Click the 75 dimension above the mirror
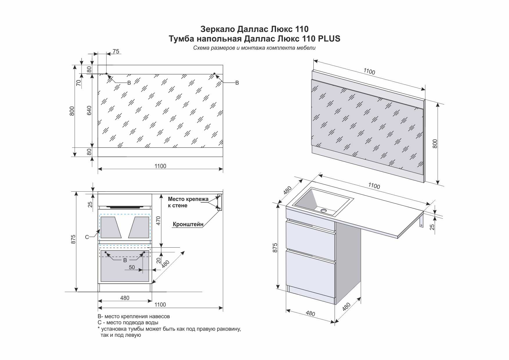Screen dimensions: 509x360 pyautogui.click(x=116, y=51)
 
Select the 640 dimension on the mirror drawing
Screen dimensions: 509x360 pyautogui.click(x=89, y=110)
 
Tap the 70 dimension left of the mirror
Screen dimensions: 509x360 pyautogui.click(x=79, y=83)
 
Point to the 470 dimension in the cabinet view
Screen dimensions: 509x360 pyautogui.click(x=158, y=221)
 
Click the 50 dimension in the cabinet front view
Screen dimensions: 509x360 pyautogui.click(x=132, y=267)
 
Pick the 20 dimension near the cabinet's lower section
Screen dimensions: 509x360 pyautogui.click(x=158, y=261)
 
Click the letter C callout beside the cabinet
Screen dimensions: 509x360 pyautogui.click(x=87, y=237)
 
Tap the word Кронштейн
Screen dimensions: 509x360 pyautogui.click(x=188, y=224)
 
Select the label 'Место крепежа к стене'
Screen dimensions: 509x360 pyautogui.click(x=188, y=202)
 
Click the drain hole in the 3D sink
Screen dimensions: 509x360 pyautogui.click(x=324, y=210)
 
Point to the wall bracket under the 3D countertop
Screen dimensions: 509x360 pyautogui.click(x=421, y=219)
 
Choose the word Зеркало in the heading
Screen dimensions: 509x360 pyautogui.click(x=218, y=29)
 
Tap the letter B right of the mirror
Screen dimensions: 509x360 pyautogui.click(x=237, y=83)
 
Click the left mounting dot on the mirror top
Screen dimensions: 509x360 pyautogui.click(x=107, y=74)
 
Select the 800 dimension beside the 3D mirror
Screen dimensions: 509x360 pyautogui.click(x=435, y=144)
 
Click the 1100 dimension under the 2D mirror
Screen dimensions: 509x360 pyautogui.click(x=160, y=166)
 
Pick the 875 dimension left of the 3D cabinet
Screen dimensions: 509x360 pyautogui.click(x=275, y=248)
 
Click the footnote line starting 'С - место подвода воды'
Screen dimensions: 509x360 pyautogui.click(x=128, y=323)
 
